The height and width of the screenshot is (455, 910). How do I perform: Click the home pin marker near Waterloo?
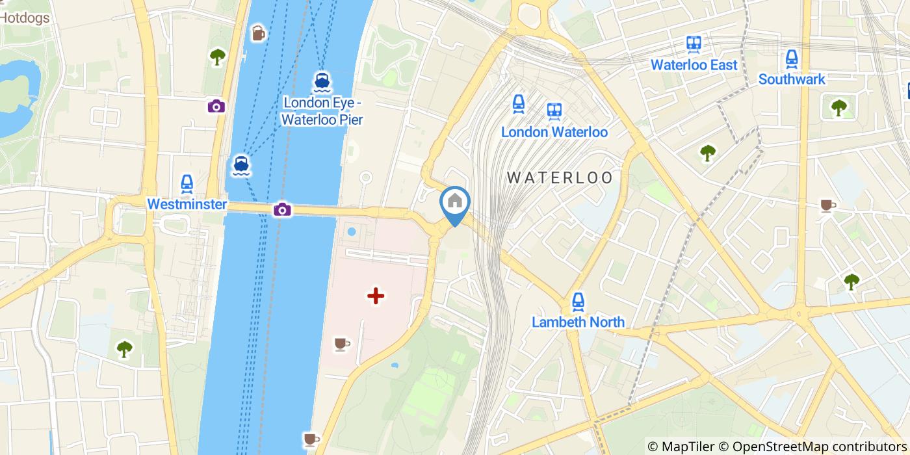tap(454, 202)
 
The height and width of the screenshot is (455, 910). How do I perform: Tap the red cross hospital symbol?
tap(376, 296)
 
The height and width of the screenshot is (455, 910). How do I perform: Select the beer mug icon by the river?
tap(258, 32)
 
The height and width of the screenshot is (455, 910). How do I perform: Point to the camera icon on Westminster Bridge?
tap(282, 209)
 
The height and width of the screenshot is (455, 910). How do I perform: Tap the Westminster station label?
tap(187, 204)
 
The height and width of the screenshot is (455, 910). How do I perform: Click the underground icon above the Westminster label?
tap(187, 183)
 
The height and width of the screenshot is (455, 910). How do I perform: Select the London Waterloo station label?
tap(554, 132)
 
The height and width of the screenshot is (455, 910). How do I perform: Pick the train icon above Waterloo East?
tap(694, 44)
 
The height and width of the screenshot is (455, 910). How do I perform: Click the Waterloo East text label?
tap(694, 65)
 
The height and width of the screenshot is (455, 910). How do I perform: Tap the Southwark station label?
tap(791, 79)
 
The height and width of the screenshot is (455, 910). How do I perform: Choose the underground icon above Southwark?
tap(791, 58)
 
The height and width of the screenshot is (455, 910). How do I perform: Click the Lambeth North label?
tap(578, 322)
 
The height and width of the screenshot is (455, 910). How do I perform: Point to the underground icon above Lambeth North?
tap(578, 301)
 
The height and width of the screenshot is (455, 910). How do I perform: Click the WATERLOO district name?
tap(560, 177)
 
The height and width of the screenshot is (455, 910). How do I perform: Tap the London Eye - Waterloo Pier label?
tap(322, 111)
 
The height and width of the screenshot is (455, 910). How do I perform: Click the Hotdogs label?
tap(25, 18)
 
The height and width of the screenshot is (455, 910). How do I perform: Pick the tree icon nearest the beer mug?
tap(217, 57)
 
